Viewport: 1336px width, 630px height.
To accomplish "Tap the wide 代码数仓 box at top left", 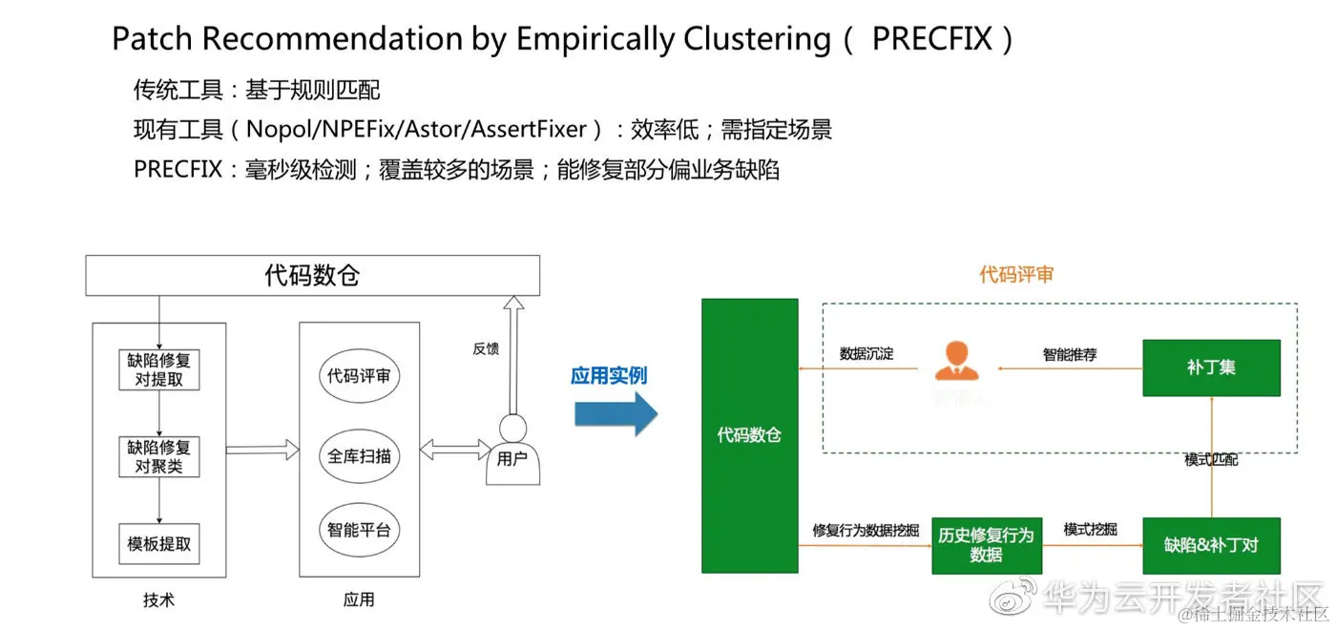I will tap(312, 276).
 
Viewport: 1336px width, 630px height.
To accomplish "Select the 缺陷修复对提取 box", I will tap(159, 370).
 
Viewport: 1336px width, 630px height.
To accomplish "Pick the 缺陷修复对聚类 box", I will tap(159, 457).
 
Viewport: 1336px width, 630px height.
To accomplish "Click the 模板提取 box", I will tap(159, 544).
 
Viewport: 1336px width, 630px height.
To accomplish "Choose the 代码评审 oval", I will tap(359, 376).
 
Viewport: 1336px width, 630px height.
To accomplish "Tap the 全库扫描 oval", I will tap(359, 456).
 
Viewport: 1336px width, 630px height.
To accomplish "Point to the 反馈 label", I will tap(486, 349).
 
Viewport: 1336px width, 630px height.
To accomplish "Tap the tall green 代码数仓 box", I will tap(749, 435).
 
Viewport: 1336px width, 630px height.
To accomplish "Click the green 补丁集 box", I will tap(1211, 367).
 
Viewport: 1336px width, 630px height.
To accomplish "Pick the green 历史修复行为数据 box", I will tap(986, 545).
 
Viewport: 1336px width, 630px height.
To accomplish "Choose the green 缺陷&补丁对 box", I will tap(1211, 545).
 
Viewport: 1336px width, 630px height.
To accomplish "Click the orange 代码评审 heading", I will tap(1016, 275).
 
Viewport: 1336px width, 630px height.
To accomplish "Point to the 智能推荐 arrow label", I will tap(1070, 354).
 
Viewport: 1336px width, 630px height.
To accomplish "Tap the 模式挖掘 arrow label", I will tap(1090, 529).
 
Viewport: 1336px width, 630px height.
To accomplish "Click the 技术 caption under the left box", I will tap(159, 599).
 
